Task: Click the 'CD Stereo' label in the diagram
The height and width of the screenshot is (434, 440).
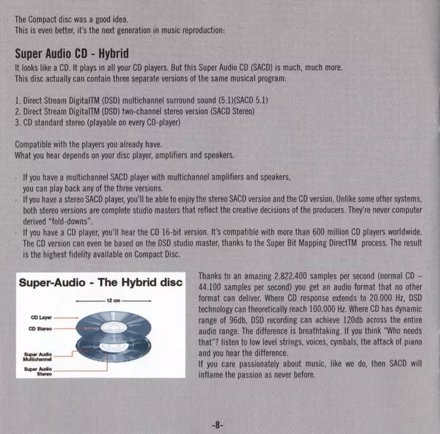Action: (40, 328)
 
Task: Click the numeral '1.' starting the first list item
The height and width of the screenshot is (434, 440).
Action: (17, 98)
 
